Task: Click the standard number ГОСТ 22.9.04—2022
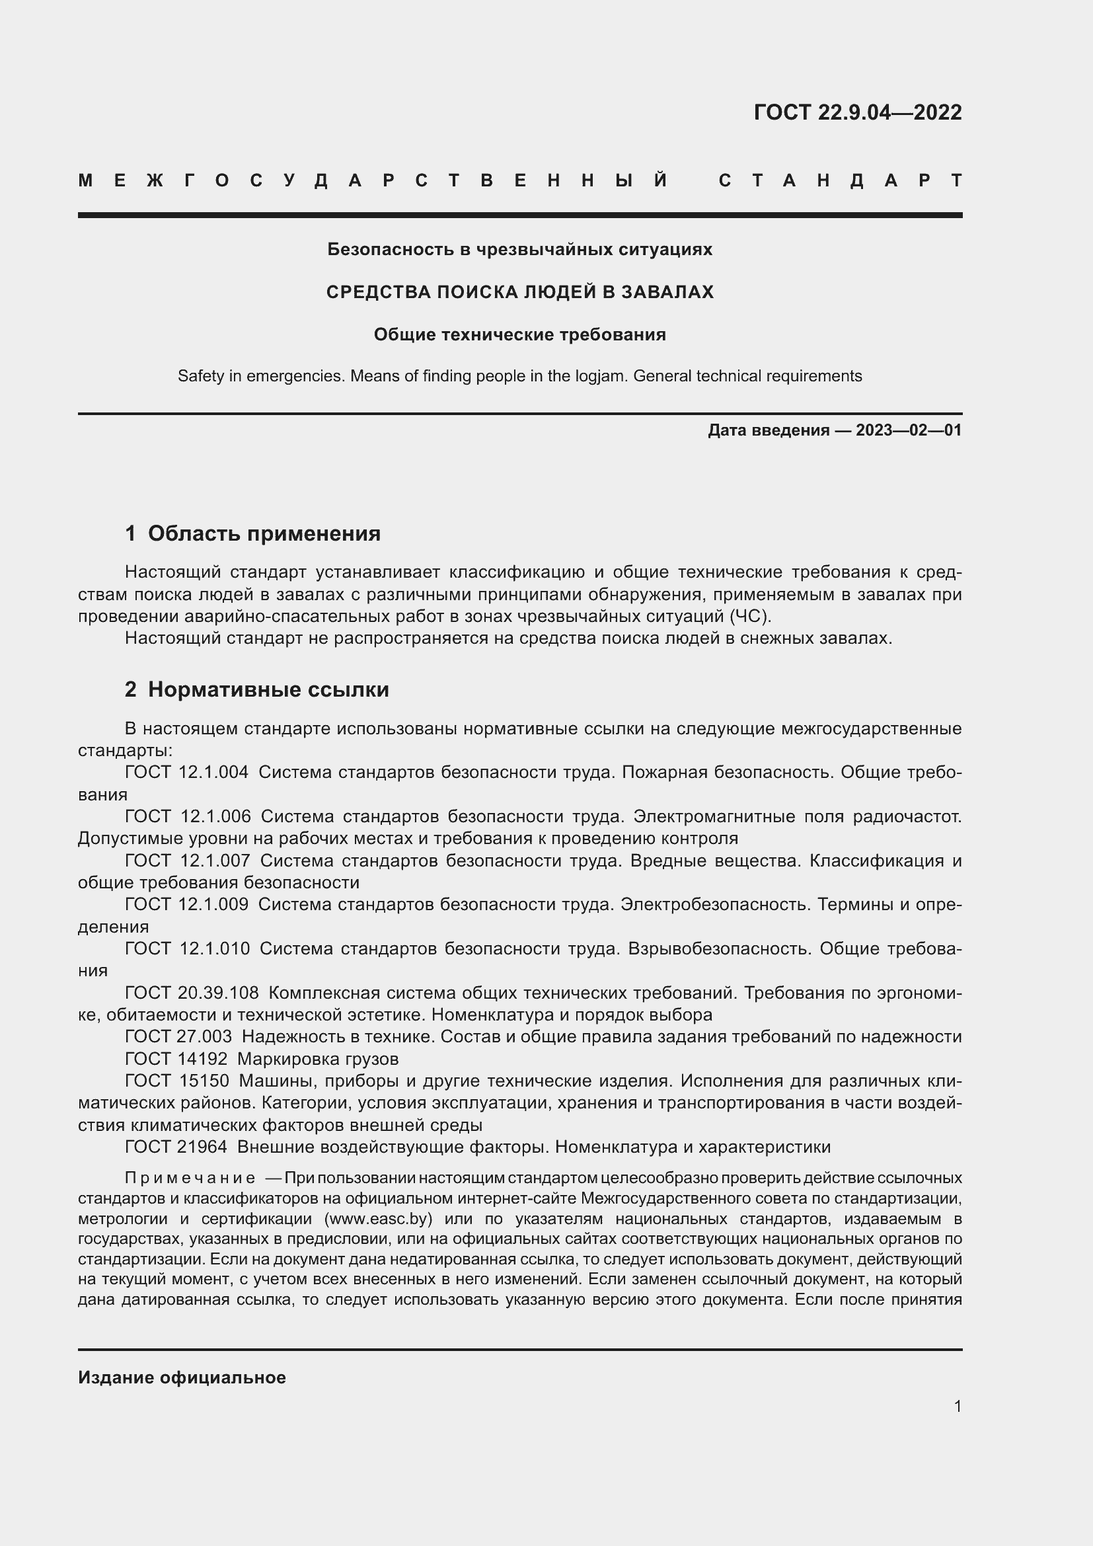tap(857, 112)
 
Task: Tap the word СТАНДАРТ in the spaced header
tap(840, 180)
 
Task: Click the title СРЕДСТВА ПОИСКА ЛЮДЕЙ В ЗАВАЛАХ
tap(519, 291)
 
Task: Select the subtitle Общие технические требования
tap(519, 334)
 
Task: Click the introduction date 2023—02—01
tap(908, 430)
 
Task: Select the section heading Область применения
tap(264, 533)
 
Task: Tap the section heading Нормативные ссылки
tap(268, 689)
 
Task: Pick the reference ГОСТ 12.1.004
tap(186, 772)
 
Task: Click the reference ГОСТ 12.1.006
tap(188, 817)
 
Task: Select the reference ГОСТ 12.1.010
tap(187, 948)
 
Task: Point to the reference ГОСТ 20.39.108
tap(191, 993)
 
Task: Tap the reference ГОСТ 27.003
tap(178, 1036)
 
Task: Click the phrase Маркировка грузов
tap(318, 1058)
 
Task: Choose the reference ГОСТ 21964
tap(176, 1147)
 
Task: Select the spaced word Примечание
tap(190, 1178)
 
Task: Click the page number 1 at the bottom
tap(957, 1406)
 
